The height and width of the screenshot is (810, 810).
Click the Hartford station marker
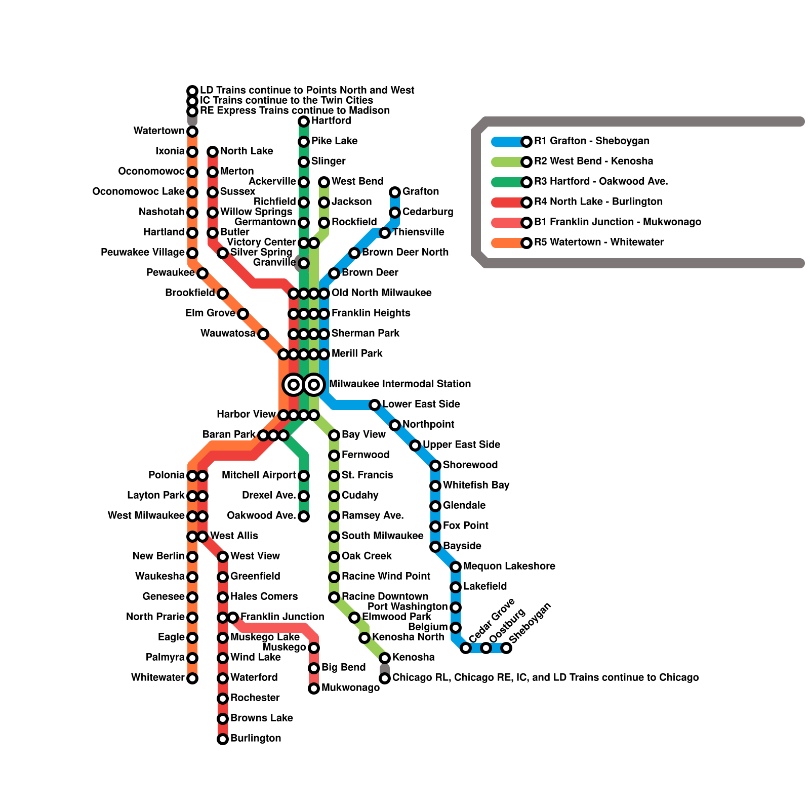coord(304,121)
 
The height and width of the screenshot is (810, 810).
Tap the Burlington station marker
coord(223,739)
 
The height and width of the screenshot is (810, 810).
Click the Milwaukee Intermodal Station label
coord(400,384)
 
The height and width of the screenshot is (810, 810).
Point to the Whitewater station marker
coord(192,678)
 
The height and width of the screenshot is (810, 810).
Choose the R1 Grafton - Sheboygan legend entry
coord(591,141)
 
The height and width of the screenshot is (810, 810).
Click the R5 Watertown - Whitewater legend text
coord(599,242)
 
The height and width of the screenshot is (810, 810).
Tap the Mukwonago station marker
coord(314,688)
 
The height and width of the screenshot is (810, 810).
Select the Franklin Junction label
coord(282,617)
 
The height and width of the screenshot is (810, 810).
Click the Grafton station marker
coord(395,192)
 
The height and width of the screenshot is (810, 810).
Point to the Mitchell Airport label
coord(259,475)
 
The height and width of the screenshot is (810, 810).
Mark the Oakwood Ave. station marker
coord(304,516)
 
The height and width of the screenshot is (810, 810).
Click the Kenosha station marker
coord(385,658)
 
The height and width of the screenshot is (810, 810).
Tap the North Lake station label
coord(247,151)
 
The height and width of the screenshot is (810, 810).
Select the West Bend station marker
coord(324,182)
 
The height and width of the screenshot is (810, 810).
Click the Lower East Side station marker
coord(375,405)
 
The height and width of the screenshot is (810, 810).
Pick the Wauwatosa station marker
coord(263,334)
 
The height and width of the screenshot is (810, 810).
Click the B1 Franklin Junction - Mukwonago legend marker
coord(526,222)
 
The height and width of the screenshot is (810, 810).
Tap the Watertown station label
coord(159,131)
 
